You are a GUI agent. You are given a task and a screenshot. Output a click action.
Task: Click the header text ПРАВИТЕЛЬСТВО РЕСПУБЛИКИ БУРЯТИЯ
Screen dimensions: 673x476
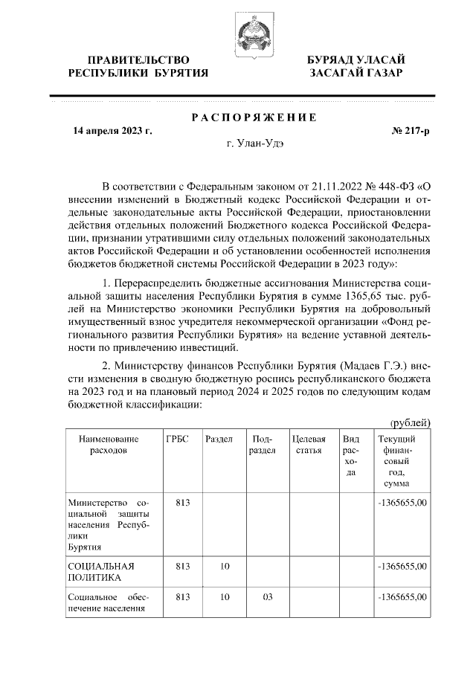138,66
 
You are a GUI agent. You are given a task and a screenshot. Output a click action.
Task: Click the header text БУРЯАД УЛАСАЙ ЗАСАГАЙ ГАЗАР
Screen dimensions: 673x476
356,66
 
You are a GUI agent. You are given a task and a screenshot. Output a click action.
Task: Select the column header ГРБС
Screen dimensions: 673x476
178,439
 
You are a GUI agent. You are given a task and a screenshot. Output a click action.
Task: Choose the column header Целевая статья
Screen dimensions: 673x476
309,445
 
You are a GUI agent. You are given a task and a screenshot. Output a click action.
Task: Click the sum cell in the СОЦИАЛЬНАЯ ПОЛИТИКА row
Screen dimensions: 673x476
402,565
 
